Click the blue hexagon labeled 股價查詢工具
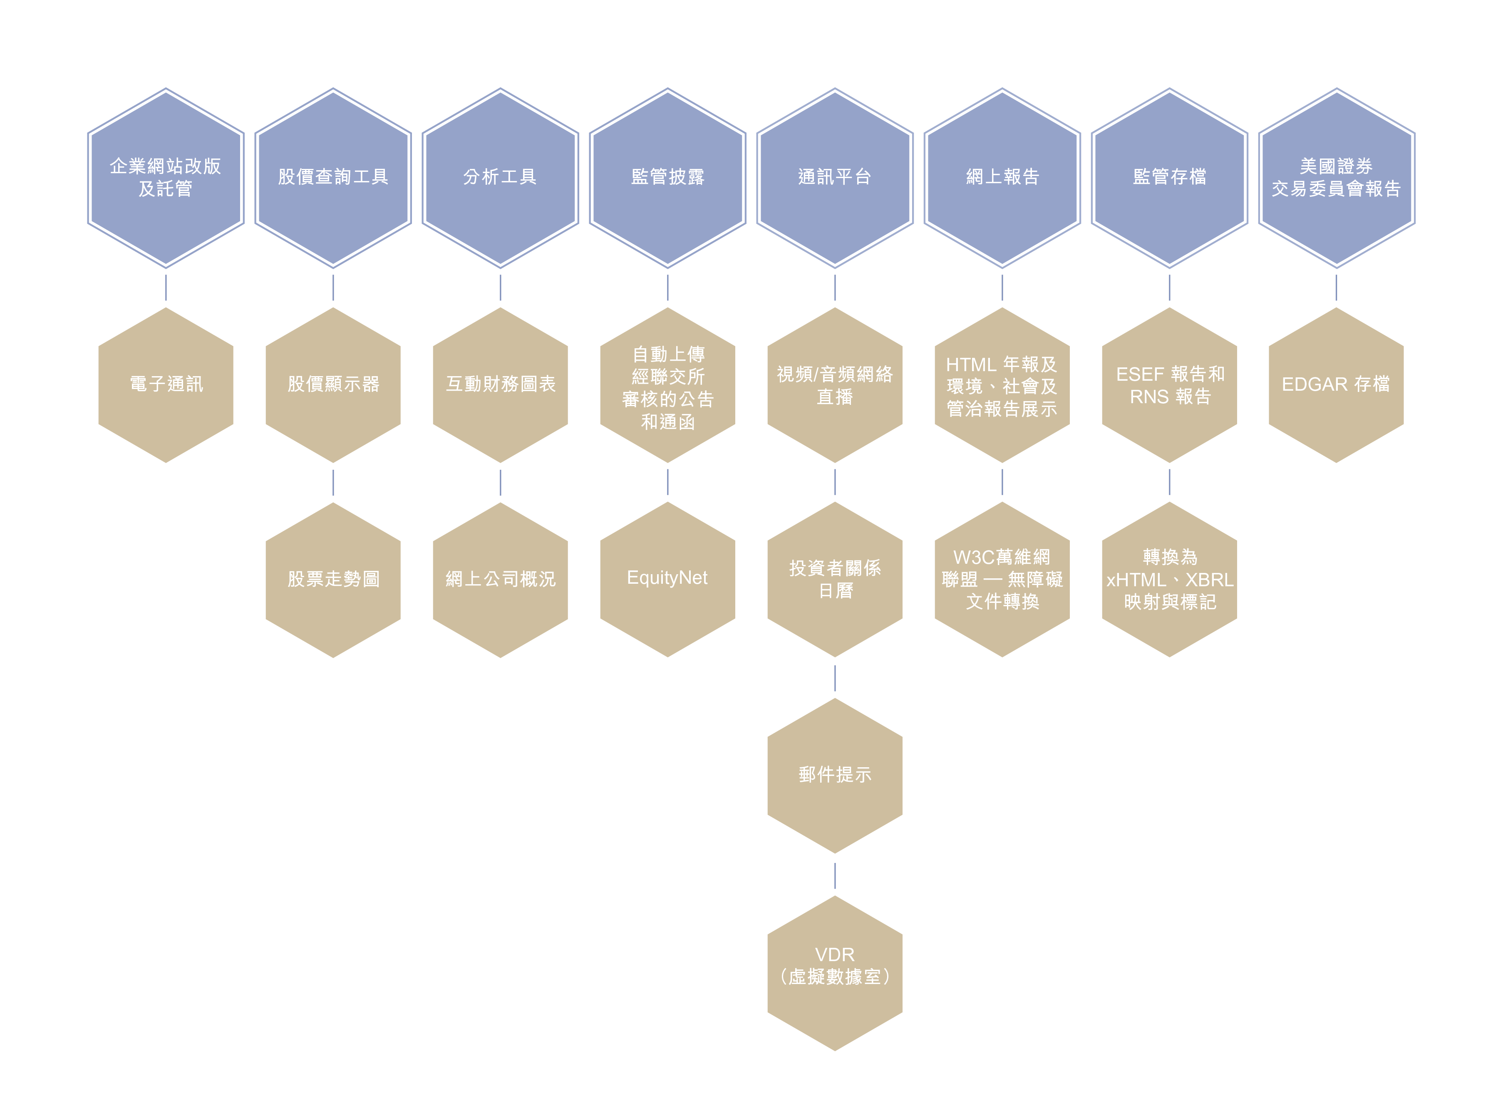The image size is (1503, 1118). [x=333, y=177]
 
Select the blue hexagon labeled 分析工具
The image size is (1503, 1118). [x=500, y=177]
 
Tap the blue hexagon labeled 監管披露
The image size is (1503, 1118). [x=667, y=177]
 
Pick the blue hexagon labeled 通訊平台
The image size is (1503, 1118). [x=834, y=177]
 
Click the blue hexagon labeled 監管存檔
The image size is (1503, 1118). [x=1169, y=177]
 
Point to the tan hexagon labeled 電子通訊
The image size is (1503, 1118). [x=166, y=385]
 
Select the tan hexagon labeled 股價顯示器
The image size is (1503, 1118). [x=333, y=385]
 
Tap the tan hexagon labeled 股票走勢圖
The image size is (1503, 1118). [x=333, y=579]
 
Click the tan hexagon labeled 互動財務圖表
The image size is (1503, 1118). [x=500, y=385]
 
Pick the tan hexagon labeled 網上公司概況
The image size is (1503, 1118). [x=500, y=579]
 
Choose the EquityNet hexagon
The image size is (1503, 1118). [x=667, y=579]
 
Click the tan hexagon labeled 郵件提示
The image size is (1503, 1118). [x=834, y=775]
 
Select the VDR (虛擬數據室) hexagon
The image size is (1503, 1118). [x=834, y=972]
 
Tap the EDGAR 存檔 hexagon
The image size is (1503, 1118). [x=1336, y=385]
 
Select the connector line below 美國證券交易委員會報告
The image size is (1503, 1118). [x=1336, y=288]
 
